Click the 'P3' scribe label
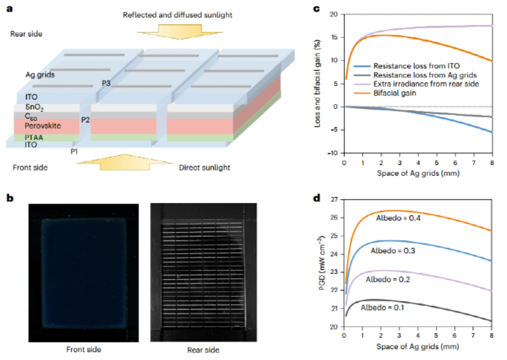point(106,83)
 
